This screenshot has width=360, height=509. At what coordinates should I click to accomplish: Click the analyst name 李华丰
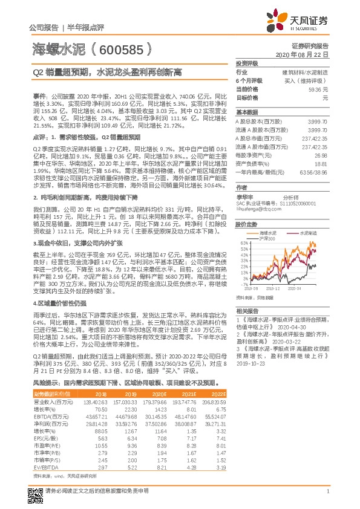click(x=245, y=197)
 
